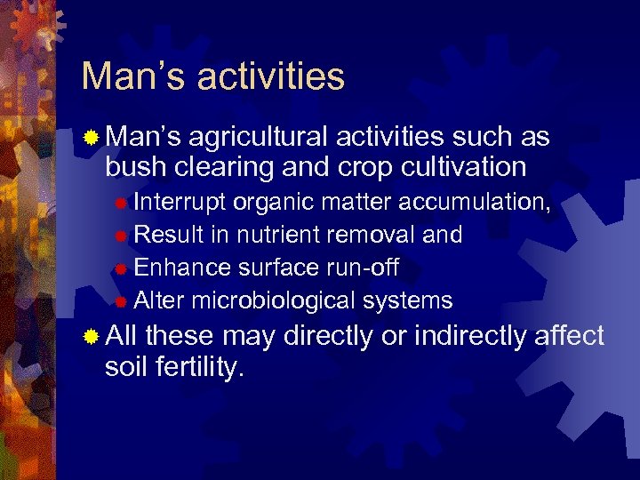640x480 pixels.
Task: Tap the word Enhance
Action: click(x=181, y=268)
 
